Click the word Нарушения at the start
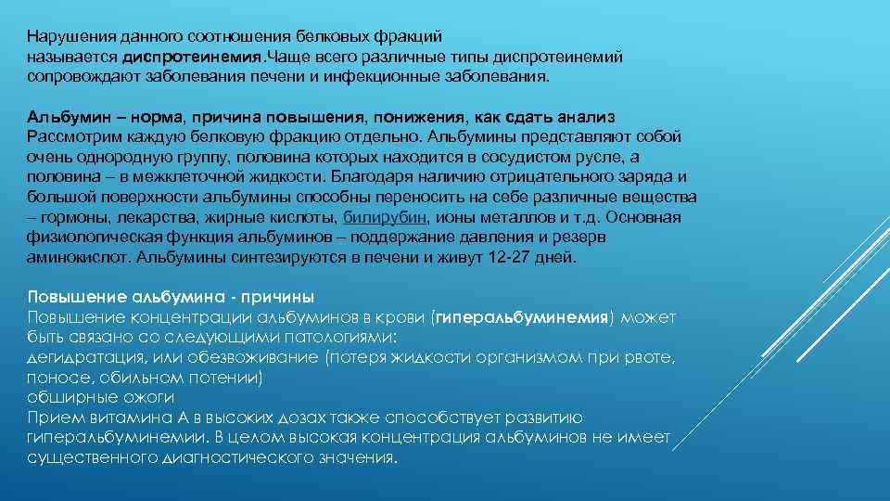(65, 37)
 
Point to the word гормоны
(69, 217)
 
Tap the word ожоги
(153, 397)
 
